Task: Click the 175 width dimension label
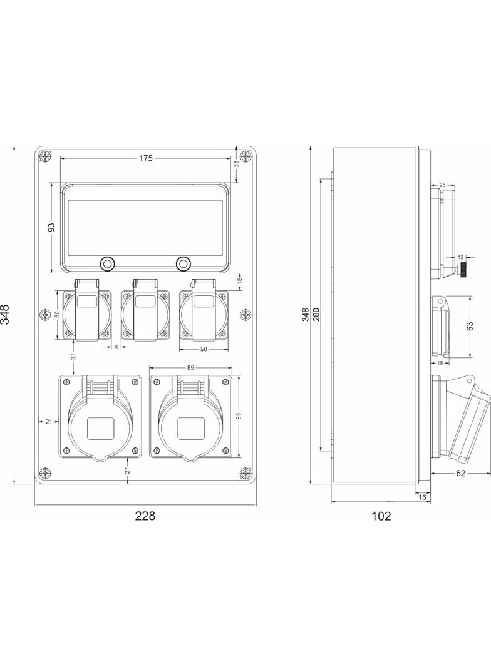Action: coord(146,159)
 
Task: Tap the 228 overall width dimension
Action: coord(145,516)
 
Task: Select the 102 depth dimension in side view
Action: coord(381,516)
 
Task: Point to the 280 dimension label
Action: coord(316,314)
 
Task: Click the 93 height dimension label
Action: coord(52,228)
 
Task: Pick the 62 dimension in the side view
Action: coord(461,473)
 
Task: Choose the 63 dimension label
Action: coord(470,326)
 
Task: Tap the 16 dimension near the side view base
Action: coord(423,497)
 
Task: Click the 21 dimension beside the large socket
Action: coord(49,422)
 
